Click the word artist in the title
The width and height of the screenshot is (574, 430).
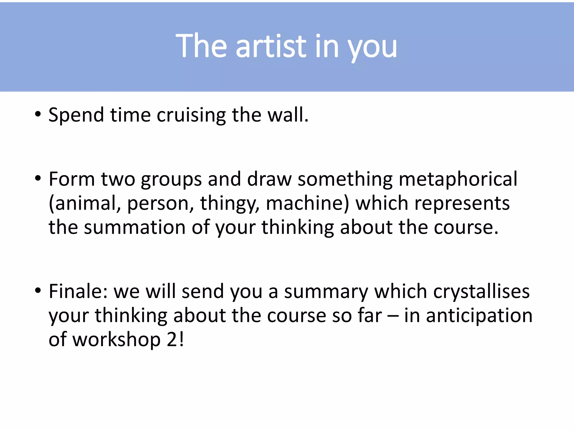point(271,46)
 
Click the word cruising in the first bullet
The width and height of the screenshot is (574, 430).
point(191,115)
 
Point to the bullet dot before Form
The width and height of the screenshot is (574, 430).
point(38,178)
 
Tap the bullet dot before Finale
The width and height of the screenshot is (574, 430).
point(38,291)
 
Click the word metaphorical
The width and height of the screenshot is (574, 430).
point(458,179)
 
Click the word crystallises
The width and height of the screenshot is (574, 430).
point(481,292)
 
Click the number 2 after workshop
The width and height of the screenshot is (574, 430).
point(172,340)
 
